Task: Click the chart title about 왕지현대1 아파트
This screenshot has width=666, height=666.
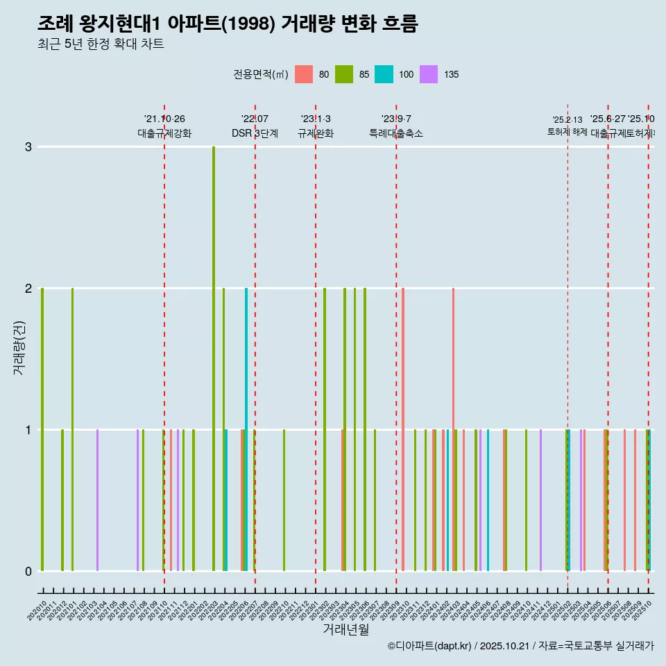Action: [228, 24]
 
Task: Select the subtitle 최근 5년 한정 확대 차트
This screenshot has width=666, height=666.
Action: [101, 44]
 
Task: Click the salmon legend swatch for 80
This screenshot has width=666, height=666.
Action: [304, 74]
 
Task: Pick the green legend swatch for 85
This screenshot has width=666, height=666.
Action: [344, 74]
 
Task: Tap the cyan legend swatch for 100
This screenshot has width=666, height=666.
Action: [384, 74]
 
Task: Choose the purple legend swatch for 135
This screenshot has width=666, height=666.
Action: [429, 74]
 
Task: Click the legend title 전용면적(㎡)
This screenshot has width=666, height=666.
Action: [260, 74]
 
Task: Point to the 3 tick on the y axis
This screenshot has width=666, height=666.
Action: [28, 147]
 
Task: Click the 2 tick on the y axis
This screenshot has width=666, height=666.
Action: [28, 289]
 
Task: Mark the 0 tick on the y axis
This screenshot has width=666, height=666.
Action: [28, 571]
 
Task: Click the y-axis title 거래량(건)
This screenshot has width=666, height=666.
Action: [19, 347]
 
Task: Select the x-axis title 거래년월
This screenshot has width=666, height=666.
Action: [345, 629]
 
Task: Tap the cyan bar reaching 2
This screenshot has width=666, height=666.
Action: [246, 430]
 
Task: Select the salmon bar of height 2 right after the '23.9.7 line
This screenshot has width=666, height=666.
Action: [403, 430]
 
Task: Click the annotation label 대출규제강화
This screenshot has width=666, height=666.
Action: [164, 133]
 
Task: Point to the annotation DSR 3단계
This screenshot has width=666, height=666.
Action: [255, 133]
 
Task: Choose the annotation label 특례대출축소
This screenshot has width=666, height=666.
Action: [395, 133]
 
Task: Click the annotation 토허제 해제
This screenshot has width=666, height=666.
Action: [567, 132]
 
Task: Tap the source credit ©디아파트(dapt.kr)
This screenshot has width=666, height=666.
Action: [429, 646]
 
